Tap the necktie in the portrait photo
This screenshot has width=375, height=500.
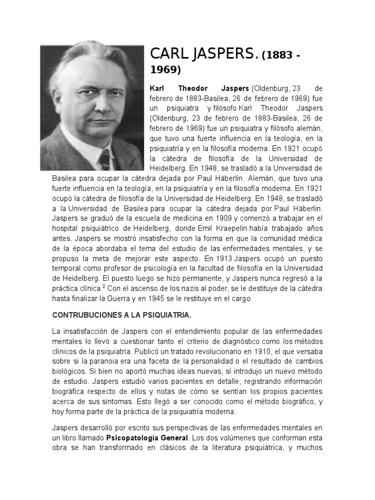[x=104, y=159]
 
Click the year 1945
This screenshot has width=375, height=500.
[x=178, y=299]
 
